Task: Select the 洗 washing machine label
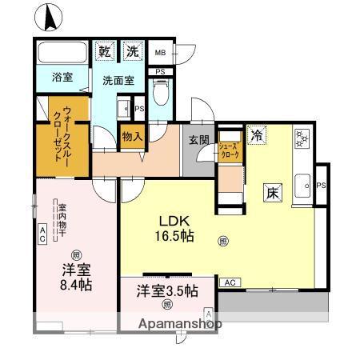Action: pyautogui.click(x=131, y=52)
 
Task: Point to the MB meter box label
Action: pyautogui.click(x=160, y=54)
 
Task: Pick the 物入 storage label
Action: pyautogui.click(x=132, y=138)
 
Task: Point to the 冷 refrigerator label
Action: pyautogui.click(x=256, y=135)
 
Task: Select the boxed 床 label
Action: pyautogui.click(x=272, y=192)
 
